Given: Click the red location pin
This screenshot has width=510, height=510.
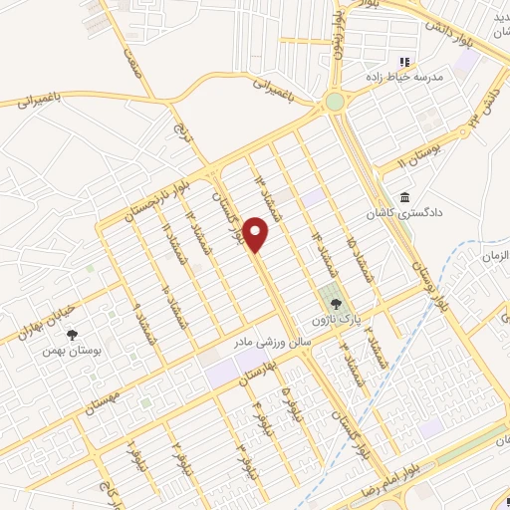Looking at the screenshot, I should (x=257, y=234).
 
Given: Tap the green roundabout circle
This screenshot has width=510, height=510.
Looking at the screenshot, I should (x=335, y=102).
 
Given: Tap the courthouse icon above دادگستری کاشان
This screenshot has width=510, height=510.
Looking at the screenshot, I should (x=403, y=197).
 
